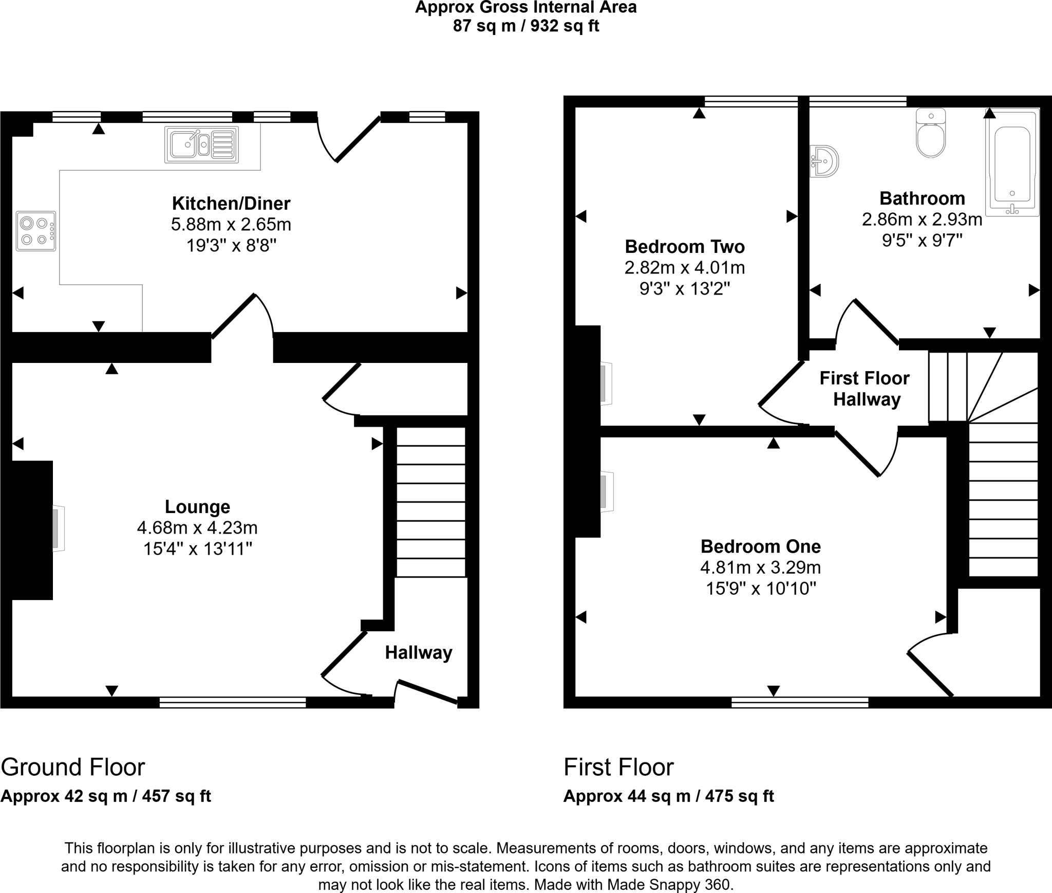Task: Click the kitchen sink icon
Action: tap(201, 144)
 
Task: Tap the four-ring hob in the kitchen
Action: tap(36, 231)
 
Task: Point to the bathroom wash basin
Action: tap(824, 161)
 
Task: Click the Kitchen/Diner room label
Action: tap(231, 204)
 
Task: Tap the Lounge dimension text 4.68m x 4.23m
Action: tap(197, 528)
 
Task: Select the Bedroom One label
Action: tap(760, 546)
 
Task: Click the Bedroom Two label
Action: tap(685, 247)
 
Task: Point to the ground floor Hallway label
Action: tap(419, 653)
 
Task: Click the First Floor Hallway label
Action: tap(865, 389)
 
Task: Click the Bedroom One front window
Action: tap(800, 702)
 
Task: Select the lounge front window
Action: tap(233, 702)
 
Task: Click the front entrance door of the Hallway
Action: tap(426, 691)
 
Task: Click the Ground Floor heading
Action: tap(73, 768)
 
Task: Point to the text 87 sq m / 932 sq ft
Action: tap(525, 26)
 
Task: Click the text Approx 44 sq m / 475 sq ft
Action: tap(668, 796)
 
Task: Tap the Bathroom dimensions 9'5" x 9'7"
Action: tap(922, 241)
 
